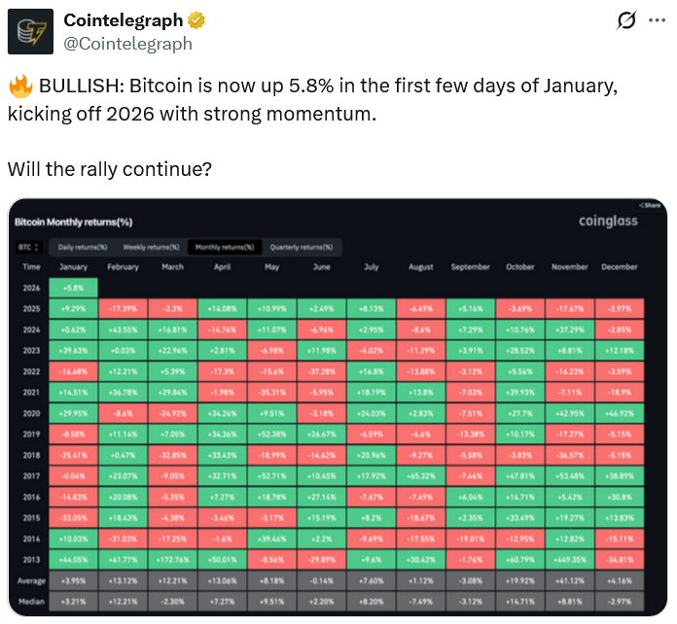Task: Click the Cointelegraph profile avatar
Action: [30, 31]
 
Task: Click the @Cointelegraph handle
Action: [127, 44]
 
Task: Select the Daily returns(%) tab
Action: [83, 247]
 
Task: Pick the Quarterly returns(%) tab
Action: [301, 247]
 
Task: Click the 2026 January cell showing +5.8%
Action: [72, 288]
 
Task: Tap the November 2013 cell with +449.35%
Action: [569, 560]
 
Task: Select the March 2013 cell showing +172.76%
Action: [173, 560]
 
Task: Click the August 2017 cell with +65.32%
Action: [421, 476]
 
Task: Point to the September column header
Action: [471, 267]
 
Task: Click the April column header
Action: [222, 267]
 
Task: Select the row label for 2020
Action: [31, 414]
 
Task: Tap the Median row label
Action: [32, 602]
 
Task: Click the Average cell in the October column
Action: [519, 581]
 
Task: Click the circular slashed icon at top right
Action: [626, 20]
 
